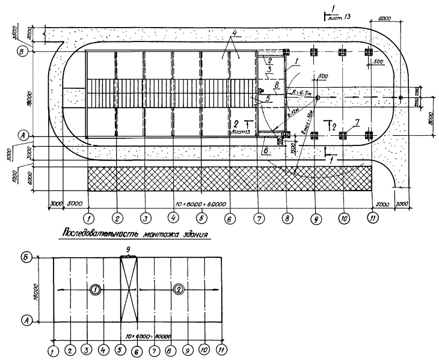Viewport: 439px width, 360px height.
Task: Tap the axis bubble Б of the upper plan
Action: click(20, 52)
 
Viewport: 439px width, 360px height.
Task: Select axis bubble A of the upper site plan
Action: click(20, 136)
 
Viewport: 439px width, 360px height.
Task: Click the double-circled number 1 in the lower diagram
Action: click(95, 290)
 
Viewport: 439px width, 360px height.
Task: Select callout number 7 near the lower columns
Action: click(356, 123)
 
